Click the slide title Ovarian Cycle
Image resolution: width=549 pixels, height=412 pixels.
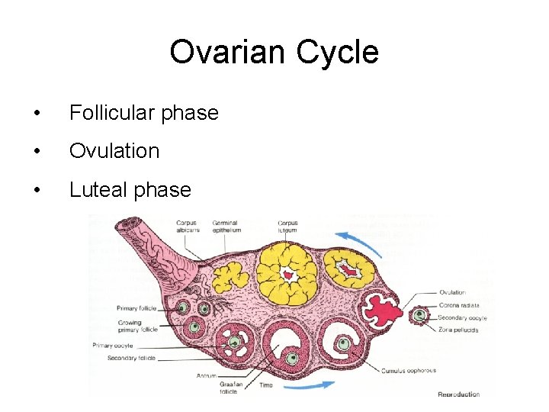pos(274,53)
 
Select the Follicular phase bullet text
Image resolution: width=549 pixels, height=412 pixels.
pos(143,114)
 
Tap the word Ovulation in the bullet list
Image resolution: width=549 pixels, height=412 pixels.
pos(114,151)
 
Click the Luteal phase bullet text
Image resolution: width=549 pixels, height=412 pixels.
pos(130,189)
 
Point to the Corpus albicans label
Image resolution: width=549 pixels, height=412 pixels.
pos(186,226)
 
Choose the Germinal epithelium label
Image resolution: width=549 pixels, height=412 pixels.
pos(226,226)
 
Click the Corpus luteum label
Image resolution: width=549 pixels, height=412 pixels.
pos(288,226)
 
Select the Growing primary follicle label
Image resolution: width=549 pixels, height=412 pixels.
pos(137,327)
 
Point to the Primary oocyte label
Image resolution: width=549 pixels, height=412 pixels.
pos(113,346)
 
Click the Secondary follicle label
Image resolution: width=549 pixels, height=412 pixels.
pos(131,358)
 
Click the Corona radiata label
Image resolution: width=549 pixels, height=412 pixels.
pos(459,304)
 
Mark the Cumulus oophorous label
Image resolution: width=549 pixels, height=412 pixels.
pos(409,371)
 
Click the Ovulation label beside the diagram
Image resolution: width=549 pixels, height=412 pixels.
pos(453,292)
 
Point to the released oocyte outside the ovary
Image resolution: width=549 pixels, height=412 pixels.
pos(418,315)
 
